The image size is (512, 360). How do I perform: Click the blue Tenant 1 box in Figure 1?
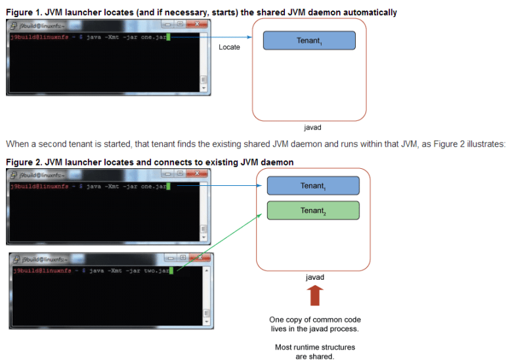pos(309,41)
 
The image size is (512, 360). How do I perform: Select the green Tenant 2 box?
pos(312,210)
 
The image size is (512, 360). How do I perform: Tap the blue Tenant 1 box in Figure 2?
pos(312,185)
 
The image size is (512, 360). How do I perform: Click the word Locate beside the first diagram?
pos(229,47)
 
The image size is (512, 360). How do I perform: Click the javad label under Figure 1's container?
pos(312,127)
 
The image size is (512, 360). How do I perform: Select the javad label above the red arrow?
pos(314,277)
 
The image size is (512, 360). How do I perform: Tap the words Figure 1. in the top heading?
pos(23,12)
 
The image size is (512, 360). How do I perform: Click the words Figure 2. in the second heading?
pos(23,162)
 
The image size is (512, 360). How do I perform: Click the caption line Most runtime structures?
pos(314,347)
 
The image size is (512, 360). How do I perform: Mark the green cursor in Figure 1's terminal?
pos(169,37)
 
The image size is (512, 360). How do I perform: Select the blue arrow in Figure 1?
pos(217,37)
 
